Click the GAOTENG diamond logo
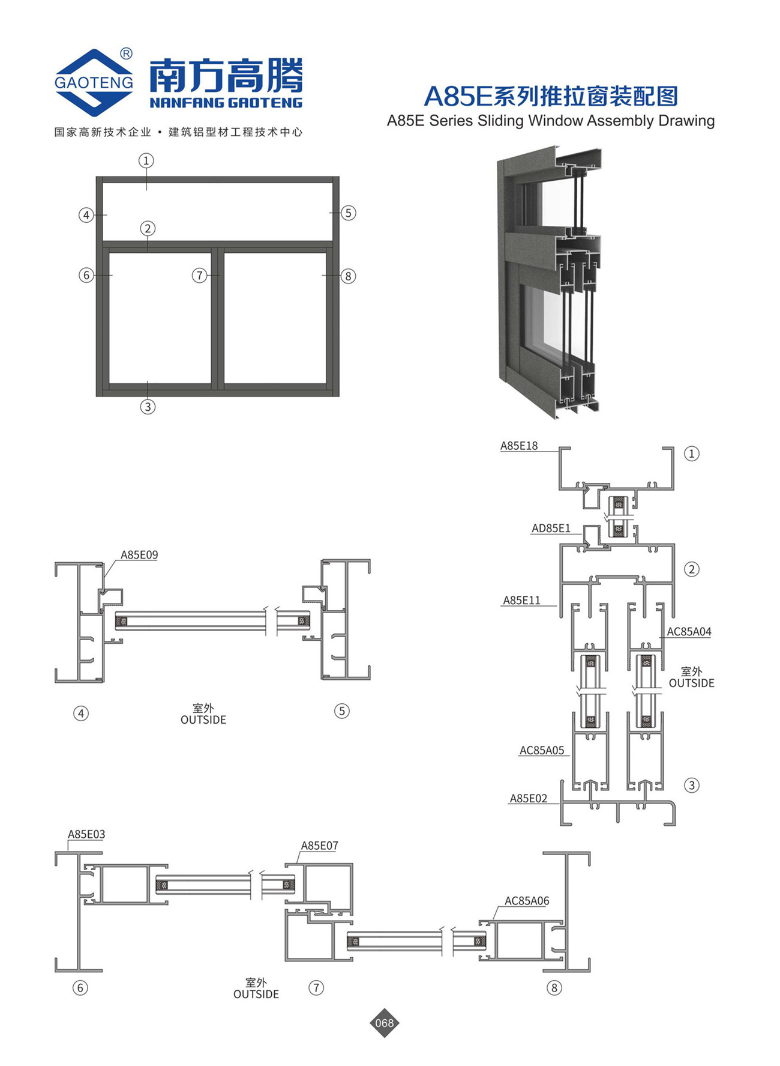pyautogui.click(x=94, y=82)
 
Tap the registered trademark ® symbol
pyautogui.click(x=126, y=54)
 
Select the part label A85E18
pyautogui.click(x=519, y=446)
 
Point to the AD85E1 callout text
pyautogui.click(x=551, y=528)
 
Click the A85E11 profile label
pyautogui.click(x=521, y=600)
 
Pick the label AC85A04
pyautogui.click(x=689, y=631)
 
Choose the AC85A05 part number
pyautogui.click(x=542, y=750)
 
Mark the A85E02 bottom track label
pyautogui.click(x=528, y=798)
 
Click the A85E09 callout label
pyautogui.click(x=139, y=555)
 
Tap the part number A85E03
pyautogui.click(x=86, y=834)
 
